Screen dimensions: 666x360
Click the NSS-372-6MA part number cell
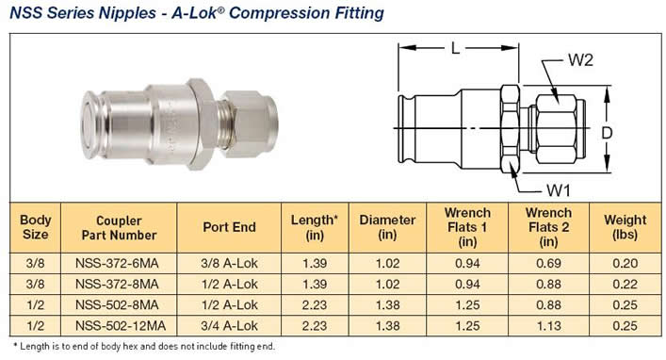pyautogui.click(x=117, y=263)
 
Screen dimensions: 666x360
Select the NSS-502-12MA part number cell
pyautogui.click(x=121, y=325)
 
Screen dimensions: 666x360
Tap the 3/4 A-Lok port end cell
pyautogui.click(x=229, y=325)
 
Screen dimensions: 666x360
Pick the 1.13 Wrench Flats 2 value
pyautogui.click(x=548, y=325)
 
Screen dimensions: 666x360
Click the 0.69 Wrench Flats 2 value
pyautogui.click(x=548, y=263)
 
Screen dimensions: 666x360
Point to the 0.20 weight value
pyautogui.click(x=625, y=263)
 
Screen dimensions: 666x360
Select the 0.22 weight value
pyautogui.click(x=625, y=284)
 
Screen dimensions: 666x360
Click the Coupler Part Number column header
pyautogui.click(x=120, y=228)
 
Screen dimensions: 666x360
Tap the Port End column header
pyautogui.click(x=229, y=227)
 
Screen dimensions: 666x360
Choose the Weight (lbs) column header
pyautogui.click(x=625, y=227)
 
